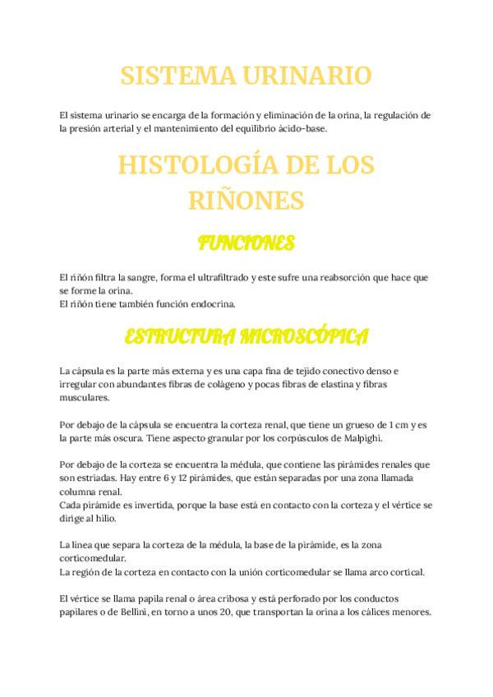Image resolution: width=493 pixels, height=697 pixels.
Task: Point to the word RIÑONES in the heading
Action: point(246,201)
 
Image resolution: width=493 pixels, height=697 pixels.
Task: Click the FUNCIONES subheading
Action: point(246,243)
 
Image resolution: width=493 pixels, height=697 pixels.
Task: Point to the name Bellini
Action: point(143,612)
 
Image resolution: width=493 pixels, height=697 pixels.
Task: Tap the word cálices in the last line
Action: point(376,612)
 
